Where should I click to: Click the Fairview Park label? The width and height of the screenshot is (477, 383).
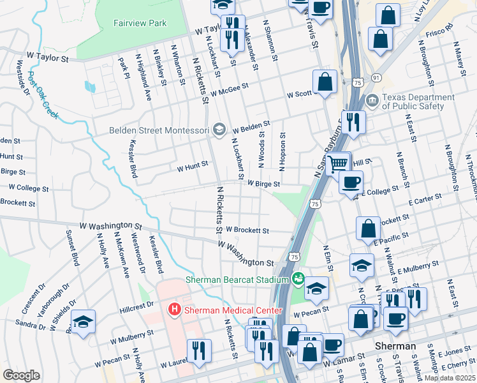(140, 24)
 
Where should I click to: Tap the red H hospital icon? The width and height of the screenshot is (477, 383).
(173, 310)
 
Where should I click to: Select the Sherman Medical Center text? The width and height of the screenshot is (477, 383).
(233, 310)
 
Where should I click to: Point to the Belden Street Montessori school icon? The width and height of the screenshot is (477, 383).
(219, 130)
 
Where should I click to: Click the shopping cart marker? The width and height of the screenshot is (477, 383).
(338, 163)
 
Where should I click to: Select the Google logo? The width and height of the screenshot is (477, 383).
(22, 375)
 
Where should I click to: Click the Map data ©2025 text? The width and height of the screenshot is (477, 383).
(449, 378)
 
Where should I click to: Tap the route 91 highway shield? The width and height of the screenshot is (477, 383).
(376, 77)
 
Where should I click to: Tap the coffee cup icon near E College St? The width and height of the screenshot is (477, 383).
(350, 183)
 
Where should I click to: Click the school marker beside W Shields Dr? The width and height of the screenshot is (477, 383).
(83, 322)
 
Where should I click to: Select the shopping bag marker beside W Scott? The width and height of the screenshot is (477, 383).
(325, 82)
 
